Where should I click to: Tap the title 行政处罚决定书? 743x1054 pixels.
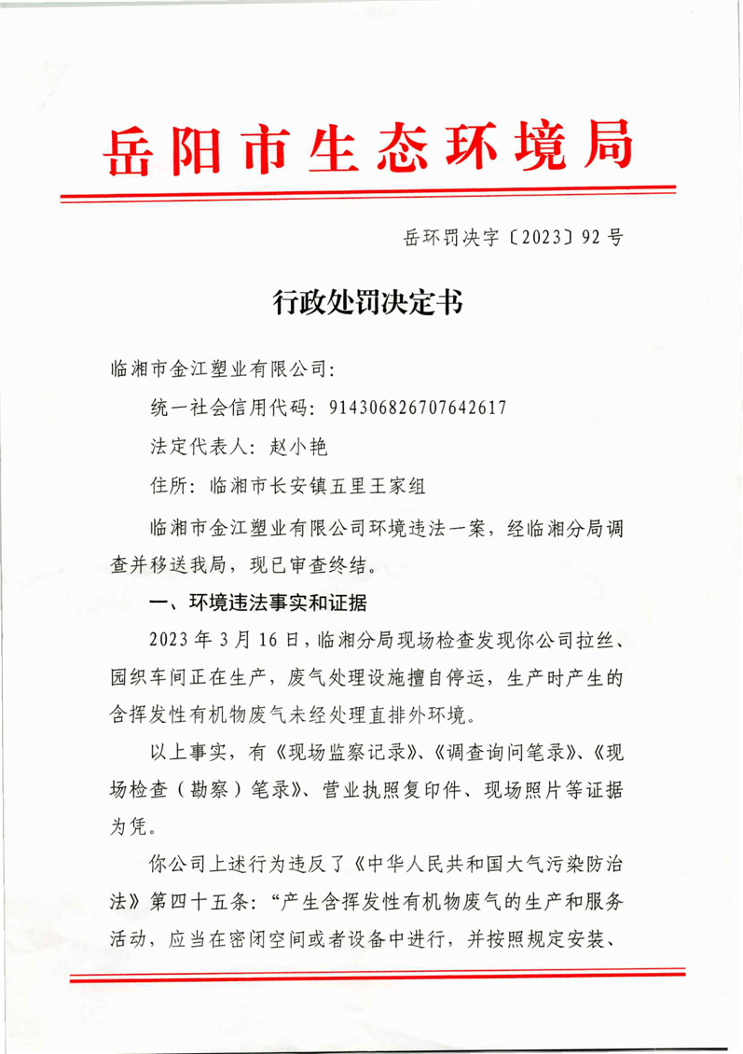click(x=370, y=302)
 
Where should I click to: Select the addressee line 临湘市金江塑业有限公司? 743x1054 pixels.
click(x=222, y=370)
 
